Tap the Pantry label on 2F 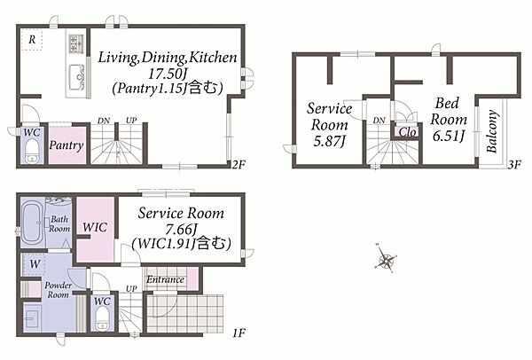(66, 145)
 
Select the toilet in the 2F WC (33, 152)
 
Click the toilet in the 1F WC (102, 319)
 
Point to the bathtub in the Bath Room (32, 223)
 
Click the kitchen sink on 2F (76, 76)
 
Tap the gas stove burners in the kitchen (76, 43)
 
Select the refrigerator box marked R (32, 40)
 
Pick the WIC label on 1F (95, 227)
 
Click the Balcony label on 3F (492, 131)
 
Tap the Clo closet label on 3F (407, 132)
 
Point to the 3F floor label (514, 165)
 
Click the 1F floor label (239, 333)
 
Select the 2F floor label (239, 165)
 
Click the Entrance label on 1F (165, 279)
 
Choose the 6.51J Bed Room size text (448, 136)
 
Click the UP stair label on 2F (131, 120)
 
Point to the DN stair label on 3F (379, 120)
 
